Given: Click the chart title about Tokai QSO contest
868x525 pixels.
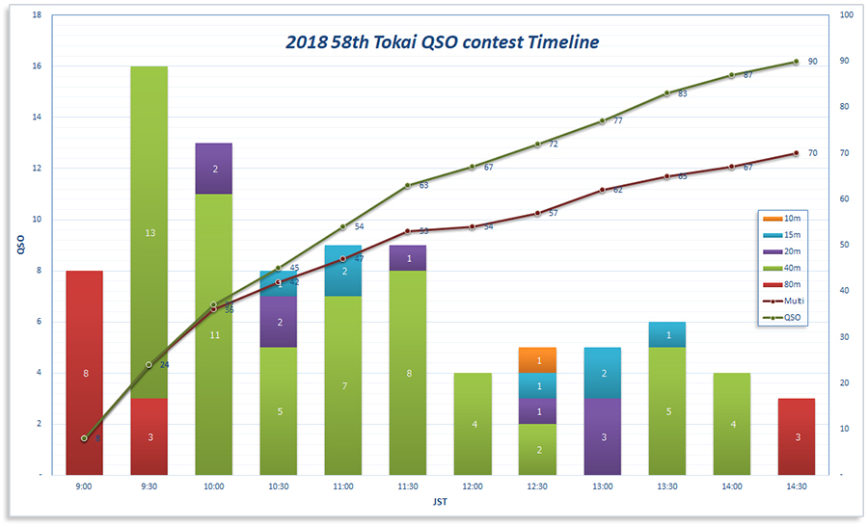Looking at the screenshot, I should pos(443,42).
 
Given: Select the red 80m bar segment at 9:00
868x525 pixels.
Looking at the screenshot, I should pos(84,372).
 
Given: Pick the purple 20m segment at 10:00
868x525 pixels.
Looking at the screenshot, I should pos(214,169).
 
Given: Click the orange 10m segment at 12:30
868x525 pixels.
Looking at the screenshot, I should pos(538,360).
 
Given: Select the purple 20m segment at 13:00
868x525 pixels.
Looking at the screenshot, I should pos(603,436).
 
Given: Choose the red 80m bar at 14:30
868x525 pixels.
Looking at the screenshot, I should pos(797,436).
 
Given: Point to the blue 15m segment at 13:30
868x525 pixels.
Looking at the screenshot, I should pos(667,334).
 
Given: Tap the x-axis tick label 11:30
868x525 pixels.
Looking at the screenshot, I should pos(408,487).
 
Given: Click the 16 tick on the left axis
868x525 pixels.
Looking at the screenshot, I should pos(36,66).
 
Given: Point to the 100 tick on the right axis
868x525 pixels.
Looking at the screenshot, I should pos(847,15).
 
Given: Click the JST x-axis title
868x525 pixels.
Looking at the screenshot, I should pos(440,502).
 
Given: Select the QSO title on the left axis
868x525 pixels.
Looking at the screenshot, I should pos(20,245).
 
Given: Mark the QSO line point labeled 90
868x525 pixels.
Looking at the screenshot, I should pos(796,62).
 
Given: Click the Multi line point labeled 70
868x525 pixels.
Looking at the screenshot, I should pos(796,153).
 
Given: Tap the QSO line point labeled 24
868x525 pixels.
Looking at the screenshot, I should pos(149,365).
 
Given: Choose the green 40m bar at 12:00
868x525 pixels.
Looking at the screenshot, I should pos(474,424).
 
